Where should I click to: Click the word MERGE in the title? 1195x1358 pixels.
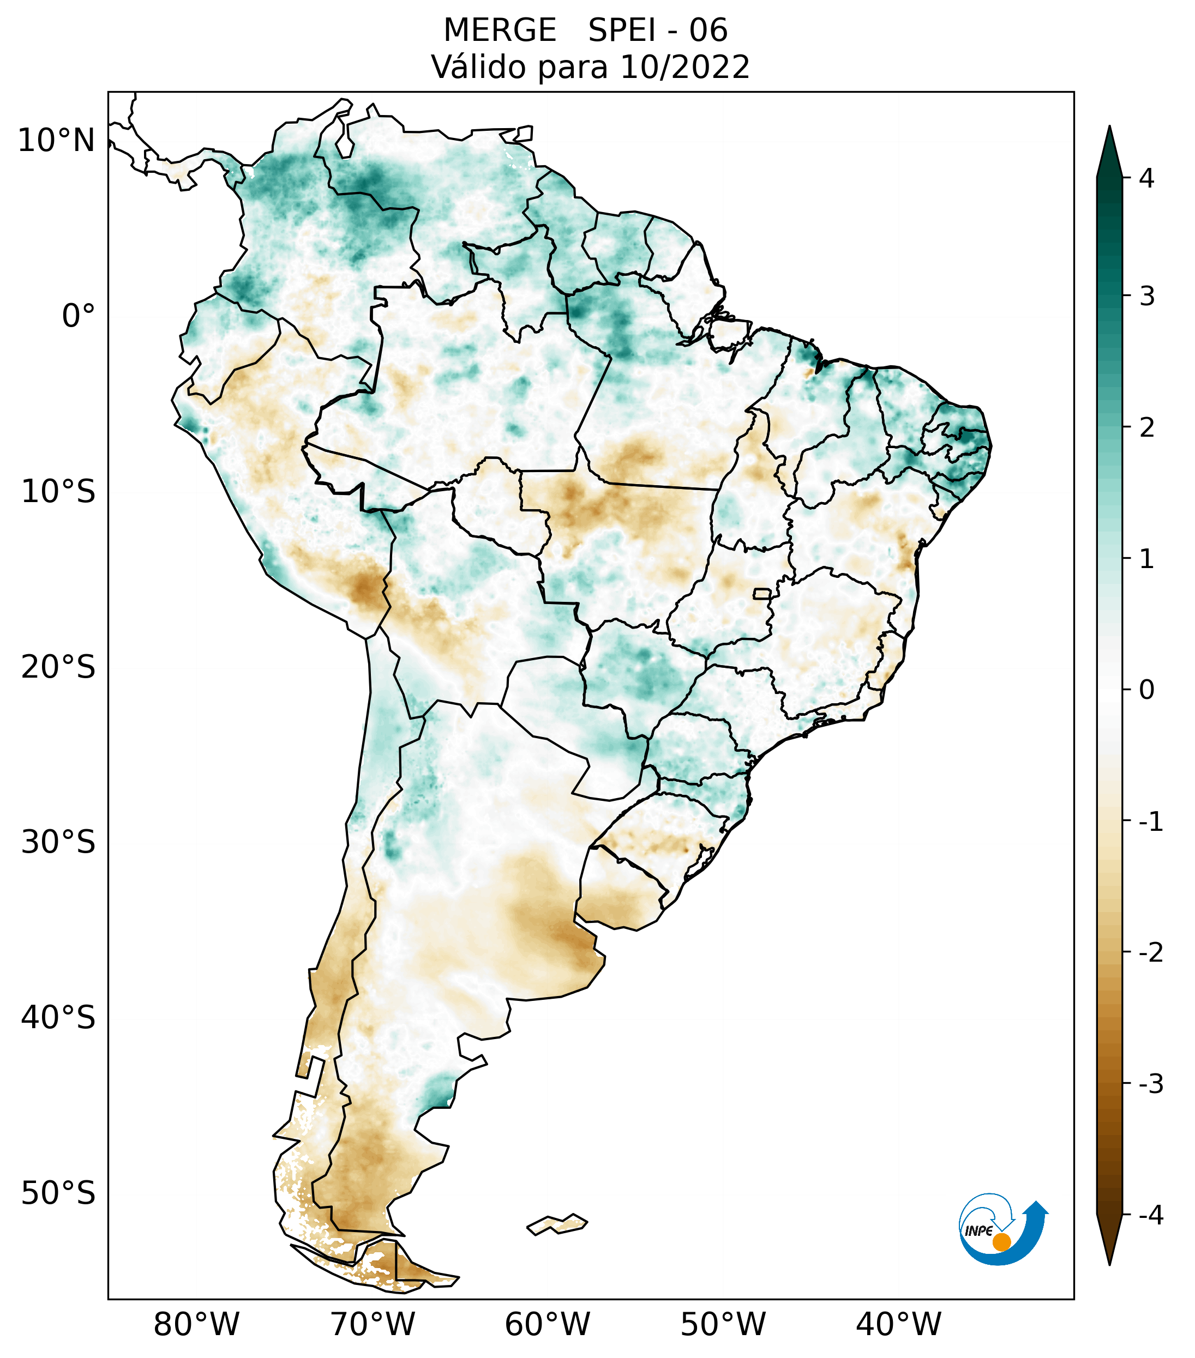[x=499, y=31]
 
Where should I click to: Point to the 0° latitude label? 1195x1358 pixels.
[x=79, y=316]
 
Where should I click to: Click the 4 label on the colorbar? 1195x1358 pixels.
[x=1146, y=178]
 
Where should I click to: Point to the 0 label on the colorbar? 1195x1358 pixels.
[x=1146, y=690]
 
